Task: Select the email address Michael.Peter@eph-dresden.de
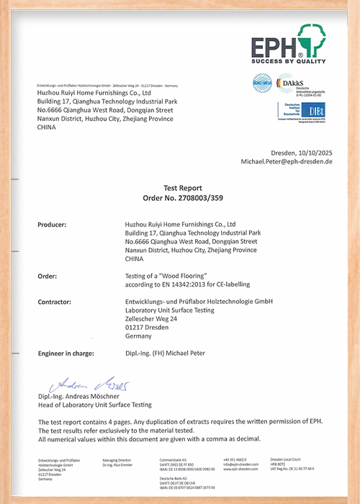pos(286,162)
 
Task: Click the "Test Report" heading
pos(180,186)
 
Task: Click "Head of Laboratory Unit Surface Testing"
pos(94,405)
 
